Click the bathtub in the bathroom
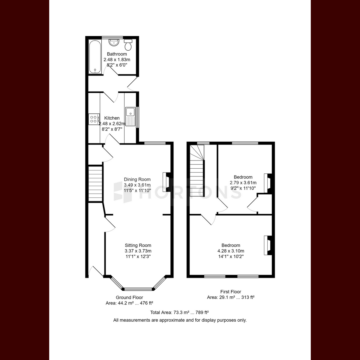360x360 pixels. pyautogui.click(x=95, y=57)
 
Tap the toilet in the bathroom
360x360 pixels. pyautogui.click(x=128, y=45)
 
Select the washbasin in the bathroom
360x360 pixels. pyautogui.click(x=114, y=43)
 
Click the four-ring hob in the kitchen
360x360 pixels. pyautogui.click(x=94, y=119)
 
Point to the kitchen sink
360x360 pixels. pyautogui.click(x=130, y=116)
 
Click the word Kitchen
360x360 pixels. pyautogui.click(x=112, y=118)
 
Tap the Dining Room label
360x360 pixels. pyautogui.click(x=137, y=179)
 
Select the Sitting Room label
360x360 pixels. pyautogui.click(x=138, y=245)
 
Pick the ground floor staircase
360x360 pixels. pyautogui.click(x=95, y=184)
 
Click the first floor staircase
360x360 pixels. pyautogui.click(x=197, y=171)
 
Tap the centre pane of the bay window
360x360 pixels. pyautogui.click(x=138, y=289)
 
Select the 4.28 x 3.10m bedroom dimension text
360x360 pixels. pyautogui.click(x=231, y=251)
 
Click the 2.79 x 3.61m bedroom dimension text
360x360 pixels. pyautogui.click(x=243, y=182)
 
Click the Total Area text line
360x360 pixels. pyautogui.click(x=179, y=312)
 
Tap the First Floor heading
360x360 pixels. pyautogui.click(x=231, y=292)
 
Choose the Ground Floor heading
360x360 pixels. pyautogui.click(x=130, y=297)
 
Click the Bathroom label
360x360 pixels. pyautogui.click(x=117, y=54)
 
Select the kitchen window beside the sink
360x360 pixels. pyautogui.click(x=138, y=117)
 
